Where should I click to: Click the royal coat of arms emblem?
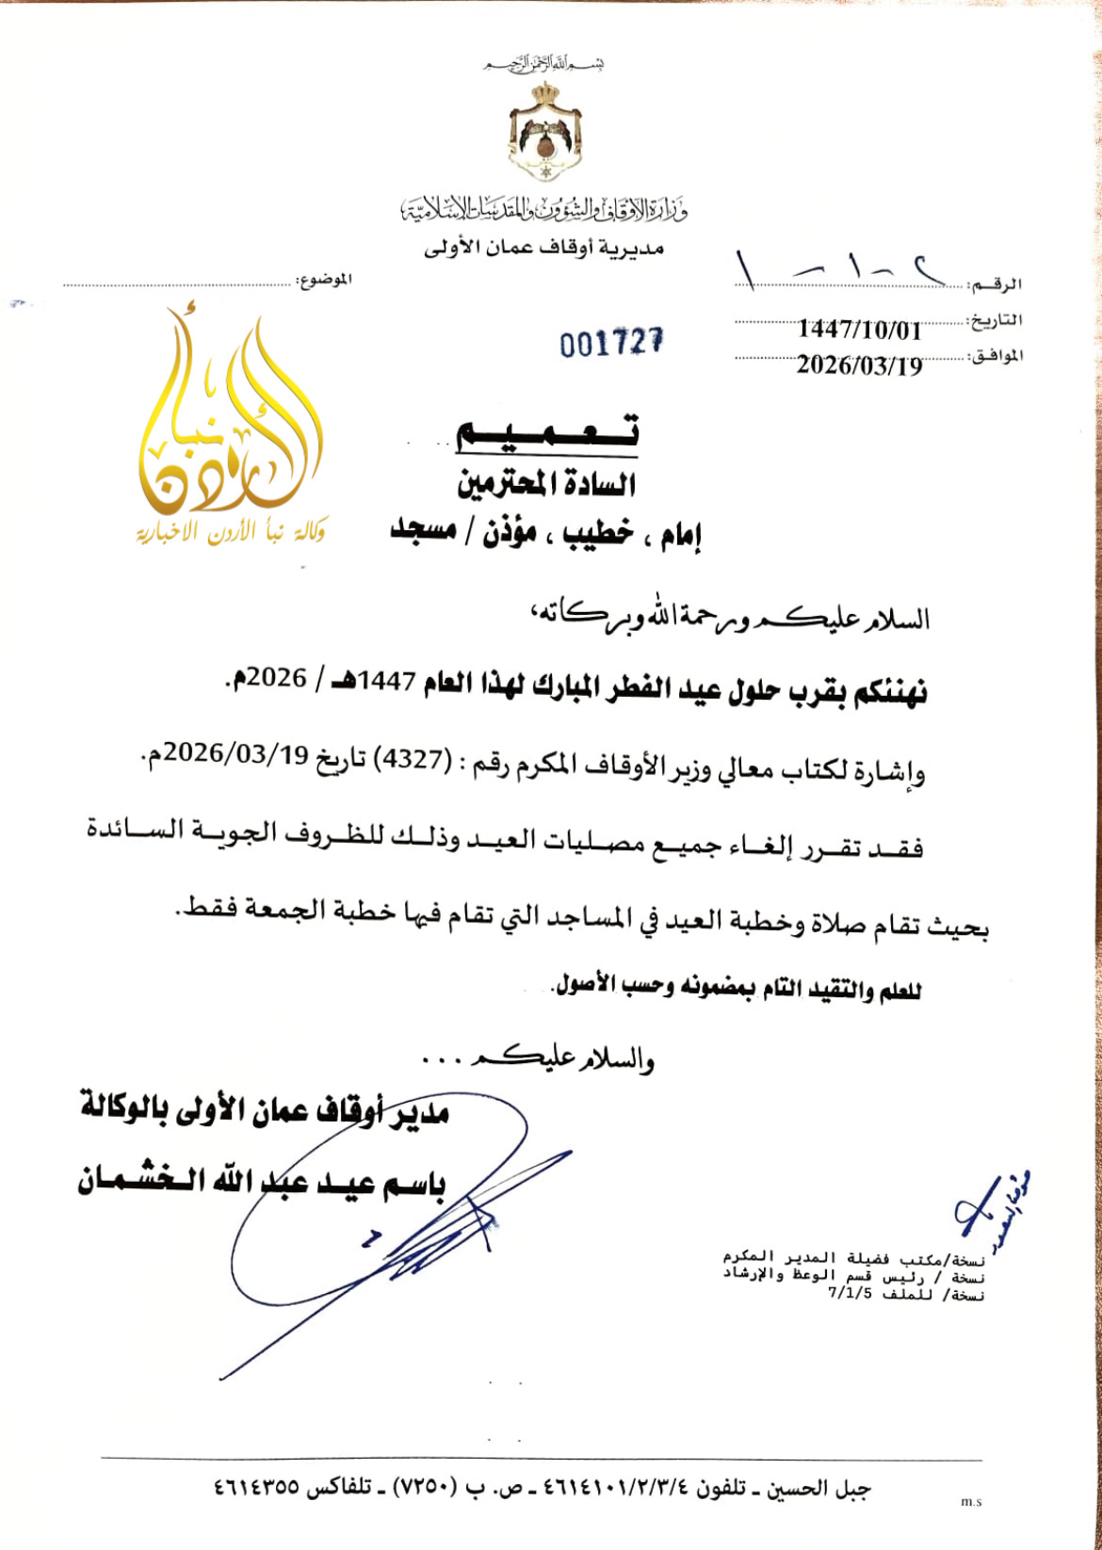pos(544,131)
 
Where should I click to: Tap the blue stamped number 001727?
pos(611,343)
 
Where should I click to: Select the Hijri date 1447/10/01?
pos(859,330)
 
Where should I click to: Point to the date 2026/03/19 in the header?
pos(859,365)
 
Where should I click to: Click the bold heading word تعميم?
pos(546,432)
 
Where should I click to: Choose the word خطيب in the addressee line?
pos(598,534)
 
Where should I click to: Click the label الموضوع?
pos(324,280)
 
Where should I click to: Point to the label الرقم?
pos(997,283)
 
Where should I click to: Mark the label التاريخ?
pos(997,320)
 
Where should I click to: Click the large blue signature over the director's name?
pos(396,1215)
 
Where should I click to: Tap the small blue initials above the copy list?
pos(989,1205)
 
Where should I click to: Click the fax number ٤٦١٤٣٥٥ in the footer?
pos(256,1489)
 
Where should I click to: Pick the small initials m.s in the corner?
pos(971,1502)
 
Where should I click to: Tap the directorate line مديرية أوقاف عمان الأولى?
pos(543,249)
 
